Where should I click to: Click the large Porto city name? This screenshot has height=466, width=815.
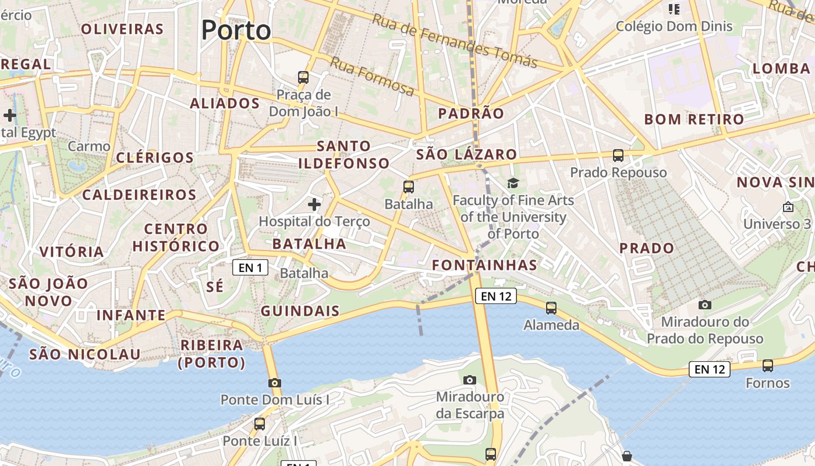236,30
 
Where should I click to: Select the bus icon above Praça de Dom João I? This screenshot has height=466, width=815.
303,77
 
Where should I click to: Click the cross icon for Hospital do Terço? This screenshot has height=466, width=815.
314,204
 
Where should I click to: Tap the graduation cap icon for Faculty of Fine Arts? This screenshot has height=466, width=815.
513,183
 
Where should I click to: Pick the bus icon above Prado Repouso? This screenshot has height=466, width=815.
618,156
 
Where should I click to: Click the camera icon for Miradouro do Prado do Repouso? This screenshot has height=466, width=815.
705,305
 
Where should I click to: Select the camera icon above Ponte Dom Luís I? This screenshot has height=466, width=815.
275,383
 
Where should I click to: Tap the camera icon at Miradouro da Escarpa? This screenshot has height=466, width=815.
470,380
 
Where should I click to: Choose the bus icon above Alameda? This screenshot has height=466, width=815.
551,308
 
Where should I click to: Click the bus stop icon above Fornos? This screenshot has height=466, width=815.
768,366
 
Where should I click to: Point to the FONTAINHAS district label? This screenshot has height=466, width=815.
484,266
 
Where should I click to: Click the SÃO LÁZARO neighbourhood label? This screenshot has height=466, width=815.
466,154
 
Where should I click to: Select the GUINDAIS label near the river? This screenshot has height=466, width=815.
300,311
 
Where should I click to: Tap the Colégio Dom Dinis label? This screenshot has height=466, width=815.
674,26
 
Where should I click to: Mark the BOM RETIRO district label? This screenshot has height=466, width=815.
694,120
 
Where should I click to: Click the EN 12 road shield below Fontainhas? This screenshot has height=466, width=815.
496,296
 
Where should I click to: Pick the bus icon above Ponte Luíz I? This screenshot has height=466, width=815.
260,424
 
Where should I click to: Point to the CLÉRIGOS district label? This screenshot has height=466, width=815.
154,158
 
